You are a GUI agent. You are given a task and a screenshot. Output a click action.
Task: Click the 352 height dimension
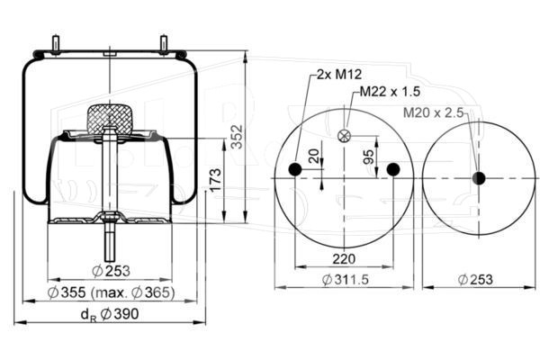click(237, 137)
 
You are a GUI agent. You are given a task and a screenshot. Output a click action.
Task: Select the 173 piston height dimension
click(216, 180)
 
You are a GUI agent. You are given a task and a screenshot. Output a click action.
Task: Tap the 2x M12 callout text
click(339, 74)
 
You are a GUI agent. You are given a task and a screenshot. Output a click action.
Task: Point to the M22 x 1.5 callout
click(390, 91)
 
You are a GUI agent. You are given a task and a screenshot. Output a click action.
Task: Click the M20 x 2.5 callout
click(433, 112)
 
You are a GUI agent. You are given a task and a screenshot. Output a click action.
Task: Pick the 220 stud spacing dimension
click(344, 258)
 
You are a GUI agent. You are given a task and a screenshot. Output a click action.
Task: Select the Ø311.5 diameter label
click(345, 279)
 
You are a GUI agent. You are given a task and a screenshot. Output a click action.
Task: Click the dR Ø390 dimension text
click(110, 314)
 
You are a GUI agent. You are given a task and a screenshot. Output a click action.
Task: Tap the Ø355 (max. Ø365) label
click(111, 292)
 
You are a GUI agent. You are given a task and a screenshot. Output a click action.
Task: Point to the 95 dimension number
click(368, 157)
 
